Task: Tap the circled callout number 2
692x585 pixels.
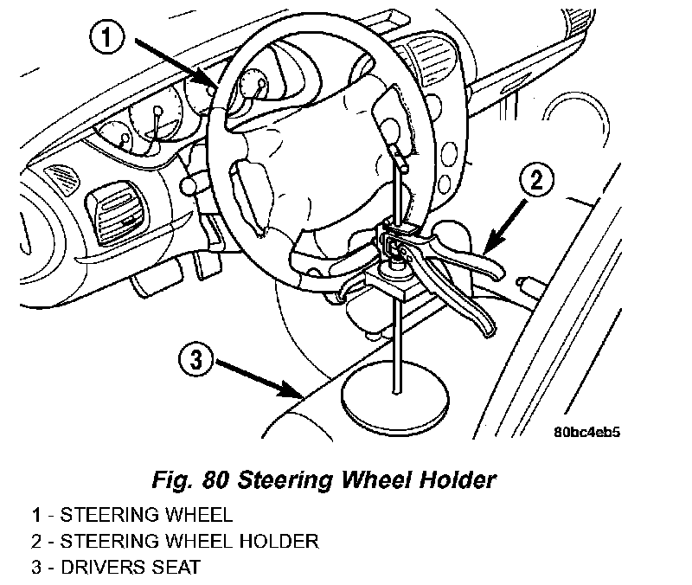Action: [536, 183]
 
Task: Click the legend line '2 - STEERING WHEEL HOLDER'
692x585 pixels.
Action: [172, 543]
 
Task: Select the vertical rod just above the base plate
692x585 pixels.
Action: [397, 346]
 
